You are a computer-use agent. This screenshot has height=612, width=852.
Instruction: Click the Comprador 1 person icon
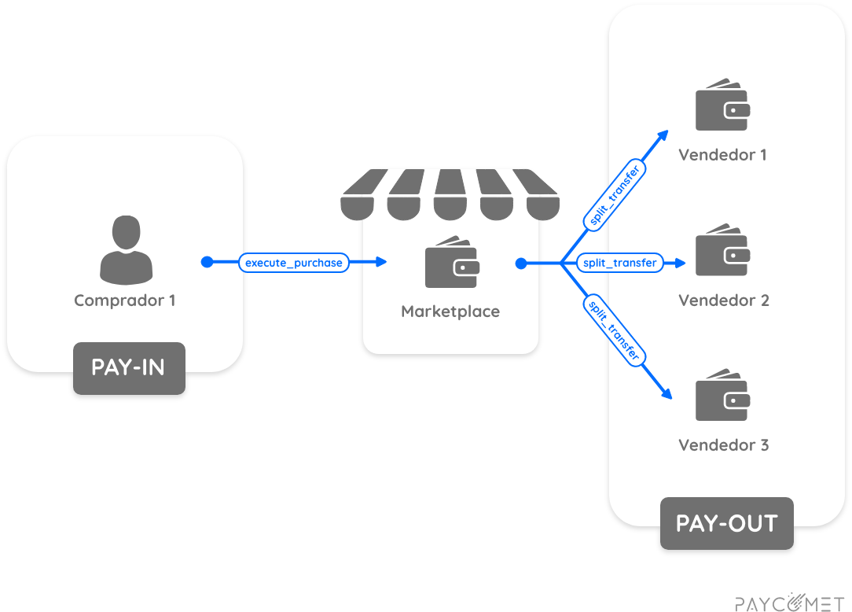click(x=126, y=250)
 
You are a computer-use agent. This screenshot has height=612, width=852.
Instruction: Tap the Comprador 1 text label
click(x=125, y=300)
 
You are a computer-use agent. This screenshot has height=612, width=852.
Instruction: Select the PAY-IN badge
click(x=129, y=367)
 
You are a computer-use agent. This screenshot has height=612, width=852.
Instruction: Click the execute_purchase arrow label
click(x=294, y=263)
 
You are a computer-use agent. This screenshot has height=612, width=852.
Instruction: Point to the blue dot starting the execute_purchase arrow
click(x=207, y=262)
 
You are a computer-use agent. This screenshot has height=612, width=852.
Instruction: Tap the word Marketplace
click(x=450, y=312)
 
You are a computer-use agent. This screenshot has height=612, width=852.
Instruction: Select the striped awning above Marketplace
click(x=450, y=194)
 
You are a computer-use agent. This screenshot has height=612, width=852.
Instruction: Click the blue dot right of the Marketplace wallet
click(x=520, y=263)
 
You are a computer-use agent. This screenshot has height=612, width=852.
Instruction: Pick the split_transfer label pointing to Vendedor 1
click(x=615, y=196)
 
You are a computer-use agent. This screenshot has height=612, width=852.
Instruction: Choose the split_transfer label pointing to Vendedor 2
click(x=619, y=263)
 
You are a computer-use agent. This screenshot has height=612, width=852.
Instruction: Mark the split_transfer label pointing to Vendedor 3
click(x=615, y=330)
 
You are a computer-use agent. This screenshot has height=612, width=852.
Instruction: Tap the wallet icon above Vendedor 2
click(x=722, y=251)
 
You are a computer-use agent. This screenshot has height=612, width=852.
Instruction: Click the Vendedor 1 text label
click(x=722, y=155)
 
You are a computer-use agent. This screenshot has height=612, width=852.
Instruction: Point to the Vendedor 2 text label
click(x=723, y=300)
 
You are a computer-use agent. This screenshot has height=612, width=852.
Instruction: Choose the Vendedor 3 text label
click(x=723, y=446)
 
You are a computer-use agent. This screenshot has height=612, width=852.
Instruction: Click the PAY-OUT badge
click(x=726, y=523)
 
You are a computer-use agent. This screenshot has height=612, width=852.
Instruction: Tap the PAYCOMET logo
click(x=789, y=603)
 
